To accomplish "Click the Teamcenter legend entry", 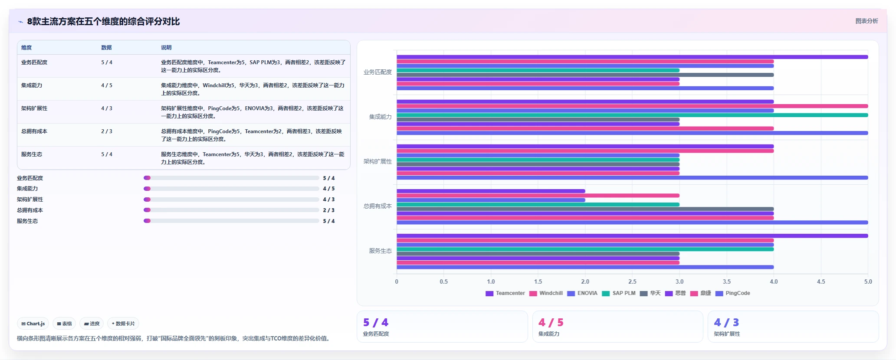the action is [505, 293].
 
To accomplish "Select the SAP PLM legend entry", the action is [619, 293].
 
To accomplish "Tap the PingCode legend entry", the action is [732, 293].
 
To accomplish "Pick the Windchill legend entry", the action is [546, 293].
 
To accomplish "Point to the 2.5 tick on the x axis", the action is [632, 281].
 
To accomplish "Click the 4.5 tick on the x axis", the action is [821, 281].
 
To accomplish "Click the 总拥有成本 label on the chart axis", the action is [377, 206].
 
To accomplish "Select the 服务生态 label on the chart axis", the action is [381, 251].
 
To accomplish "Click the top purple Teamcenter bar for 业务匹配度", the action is [632, 57].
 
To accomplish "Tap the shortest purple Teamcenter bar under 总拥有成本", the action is [491, 191].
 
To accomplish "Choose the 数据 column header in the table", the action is [106, 48].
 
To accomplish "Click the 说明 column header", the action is [166, 48].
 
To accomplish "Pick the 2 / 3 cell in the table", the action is [107, 131].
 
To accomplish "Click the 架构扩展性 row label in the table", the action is [34, 108].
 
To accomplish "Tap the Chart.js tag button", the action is [33, 324].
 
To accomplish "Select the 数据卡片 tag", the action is [123, 324].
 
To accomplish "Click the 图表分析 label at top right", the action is [866, 21].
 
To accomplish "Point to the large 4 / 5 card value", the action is [551, 323].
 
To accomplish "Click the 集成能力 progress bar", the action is [231, 189].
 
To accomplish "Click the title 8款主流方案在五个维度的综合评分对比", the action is [103, 21].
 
